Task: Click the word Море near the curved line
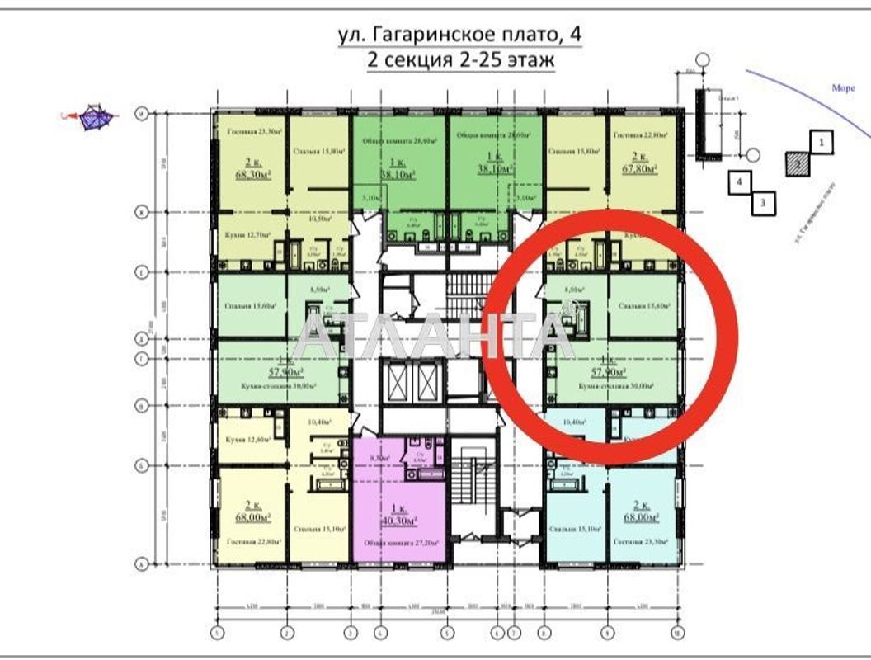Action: point(843,88)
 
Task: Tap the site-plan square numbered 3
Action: point(765,201)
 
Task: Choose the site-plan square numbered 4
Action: point(741,181)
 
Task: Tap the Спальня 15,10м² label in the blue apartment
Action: point(574,528)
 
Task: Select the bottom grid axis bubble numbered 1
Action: point(217,634)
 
